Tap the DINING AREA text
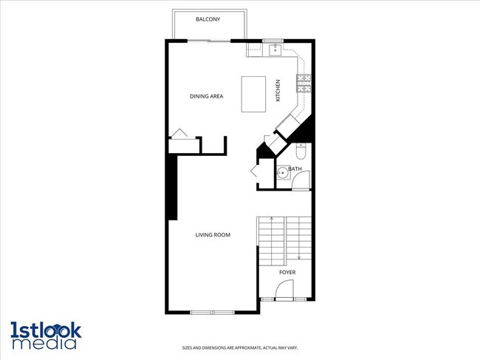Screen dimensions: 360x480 (x=206, y=96)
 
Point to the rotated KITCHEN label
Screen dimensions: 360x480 (x=278, y=90)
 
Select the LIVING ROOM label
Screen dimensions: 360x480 (x=213, y=235)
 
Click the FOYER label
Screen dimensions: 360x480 (x=287, y=273)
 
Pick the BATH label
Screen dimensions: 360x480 (x=295, y=169)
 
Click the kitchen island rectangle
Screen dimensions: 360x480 (x=254, y=93)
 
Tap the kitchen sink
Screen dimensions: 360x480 (x=275, y=50)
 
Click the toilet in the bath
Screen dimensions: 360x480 (x=300, y=152)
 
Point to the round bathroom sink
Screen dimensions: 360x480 (x=283, y=174)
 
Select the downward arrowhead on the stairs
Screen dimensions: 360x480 (x=299, y=257)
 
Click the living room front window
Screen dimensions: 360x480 (x=213, y=312)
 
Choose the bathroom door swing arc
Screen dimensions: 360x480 (x=301, y=180)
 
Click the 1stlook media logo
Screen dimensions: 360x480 (x=46, y=334)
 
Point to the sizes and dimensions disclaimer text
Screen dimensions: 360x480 (x=240, y=347)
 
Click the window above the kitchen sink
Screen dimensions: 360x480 (x=273, y=40)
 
